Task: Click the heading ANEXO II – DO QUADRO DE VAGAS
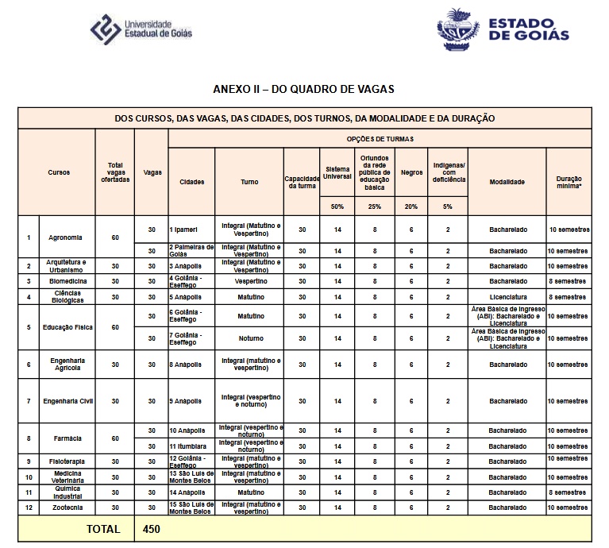pos(304,90)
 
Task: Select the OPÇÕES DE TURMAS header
pos(380,139)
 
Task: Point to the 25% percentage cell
pos(374,206)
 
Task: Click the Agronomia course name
pos(66,237)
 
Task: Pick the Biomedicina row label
pos(67,281)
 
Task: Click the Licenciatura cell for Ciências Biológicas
pos(507,297)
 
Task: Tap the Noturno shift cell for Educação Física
pos(249,338)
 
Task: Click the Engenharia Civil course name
pos(67,401)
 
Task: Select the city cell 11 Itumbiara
pos(187,446)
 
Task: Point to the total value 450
pos(152,528)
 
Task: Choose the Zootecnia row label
pos(67,507)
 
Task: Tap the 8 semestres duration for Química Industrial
pos(569,492)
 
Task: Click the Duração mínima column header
pos(569,182)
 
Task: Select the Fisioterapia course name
pos(67,461)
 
